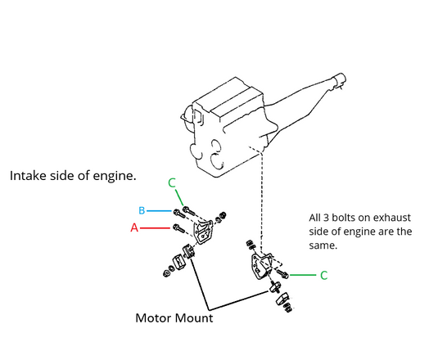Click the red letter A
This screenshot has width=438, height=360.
point(133,228)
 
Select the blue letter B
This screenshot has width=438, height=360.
point(142,211)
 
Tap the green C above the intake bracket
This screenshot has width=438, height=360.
point(171,183)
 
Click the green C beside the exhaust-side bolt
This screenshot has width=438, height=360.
point(323,276)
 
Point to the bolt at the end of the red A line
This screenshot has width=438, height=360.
point(180,228)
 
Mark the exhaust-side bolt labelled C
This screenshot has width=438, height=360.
point(281,272)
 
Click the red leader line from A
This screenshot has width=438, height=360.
point(156,228)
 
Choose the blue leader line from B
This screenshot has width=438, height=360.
point(159,211)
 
